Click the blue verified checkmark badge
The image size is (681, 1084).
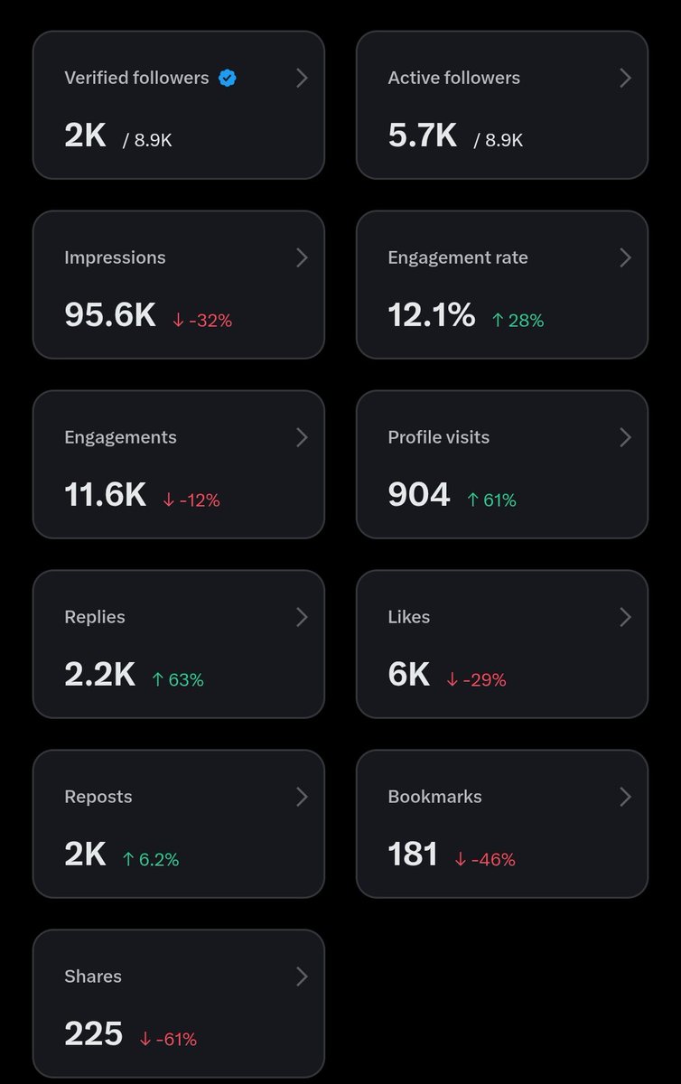(227, 78)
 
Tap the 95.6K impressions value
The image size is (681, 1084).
(110, 314)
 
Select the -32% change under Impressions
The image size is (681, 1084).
(202, 321)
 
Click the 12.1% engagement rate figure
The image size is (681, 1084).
(431, 314)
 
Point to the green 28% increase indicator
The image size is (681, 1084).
(518, 321)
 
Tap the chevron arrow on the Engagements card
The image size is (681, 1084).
(302, 437)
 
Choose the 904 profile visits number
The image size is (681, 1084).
(419, 494)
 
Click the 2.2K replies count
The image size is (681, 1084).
(99, 674)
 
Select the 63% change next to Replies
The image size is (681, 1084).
(178, 680)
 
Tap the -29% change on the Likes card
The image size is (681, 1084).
(476, 680)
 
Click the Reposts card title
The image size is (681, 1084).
(98, 797)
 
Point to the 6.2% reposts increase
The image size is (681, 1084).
(151, 859)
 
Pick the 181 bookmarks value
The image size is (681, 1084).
(413, 854)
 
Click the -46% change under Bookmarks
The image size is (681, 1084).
(485, 859)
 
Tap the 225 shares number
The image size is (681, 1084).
(93, 1033)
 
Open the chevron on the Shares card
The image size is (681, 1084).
(302, 977)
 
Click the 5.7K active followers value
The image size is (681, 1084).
(422, 135)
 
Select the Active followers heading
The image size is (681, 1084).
(454, 78)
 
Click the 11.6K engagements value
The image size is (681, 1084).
(105, 494)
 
